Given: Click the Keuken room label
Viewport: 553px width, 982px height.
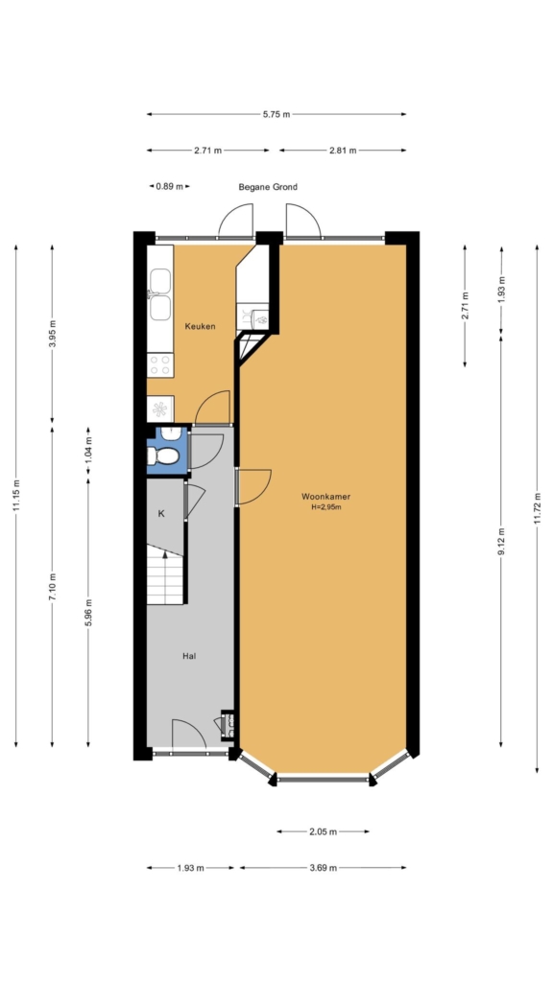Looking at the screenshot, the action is coord(200,326).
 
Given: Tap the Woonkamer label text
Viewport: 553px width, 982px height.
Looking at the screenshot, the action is coord(325,497).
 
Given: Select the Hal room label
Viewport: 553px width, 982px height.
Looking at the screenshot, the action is coord(189,656).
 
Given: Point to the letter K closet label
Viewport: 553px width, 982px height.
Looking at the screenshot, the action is coord(161,514).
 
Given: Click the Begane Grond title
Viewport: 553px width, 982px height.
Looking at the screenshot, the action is coord(268,187).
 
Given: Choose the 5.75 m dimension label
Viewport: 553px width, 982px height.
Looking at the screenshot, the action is coord(276,115).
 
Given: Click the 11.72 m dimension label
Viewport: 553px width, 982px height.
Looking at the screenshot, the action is coord(537,508).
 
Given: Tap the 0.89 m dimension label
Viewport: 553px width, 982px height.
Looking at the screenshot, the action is coord(169,187).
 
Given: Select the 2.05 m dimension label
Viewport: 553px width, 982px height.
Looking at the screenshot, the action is coord(323,831).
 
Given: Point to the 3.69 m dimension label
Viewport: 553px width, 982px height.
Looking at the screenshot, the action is coord(323,868).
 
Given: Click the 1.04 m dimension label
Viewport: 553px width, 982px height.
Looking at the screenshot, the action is coord(88,449).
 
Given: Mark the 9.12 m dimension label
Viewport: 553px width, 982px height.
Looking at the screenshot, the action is coord(501,542).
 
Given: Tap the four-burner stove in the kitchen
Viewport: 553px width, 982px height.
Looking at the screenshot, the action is coord(160,365).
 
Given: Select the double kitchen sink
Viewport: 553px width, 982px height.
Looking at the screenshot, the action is coord(160,294).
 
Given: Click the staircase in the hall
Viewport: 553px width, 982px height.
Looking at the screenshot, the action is coord(165,574).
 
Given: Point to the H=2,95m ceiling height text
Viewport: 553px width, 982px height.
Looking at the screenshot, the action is coord(326,507).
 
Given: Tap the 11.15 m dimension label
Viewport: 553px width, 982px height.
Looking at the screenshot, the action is coord(16,496).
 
